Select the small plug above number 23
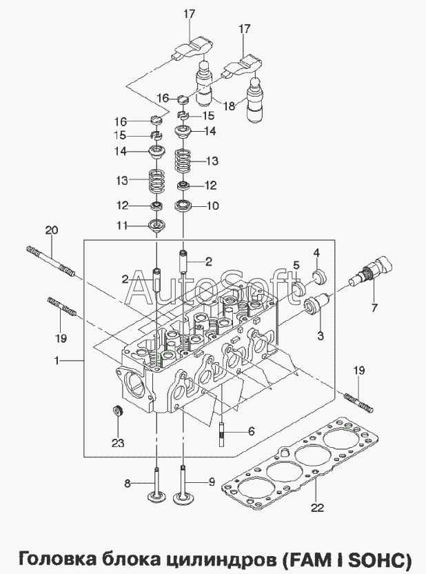(118, 413)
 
